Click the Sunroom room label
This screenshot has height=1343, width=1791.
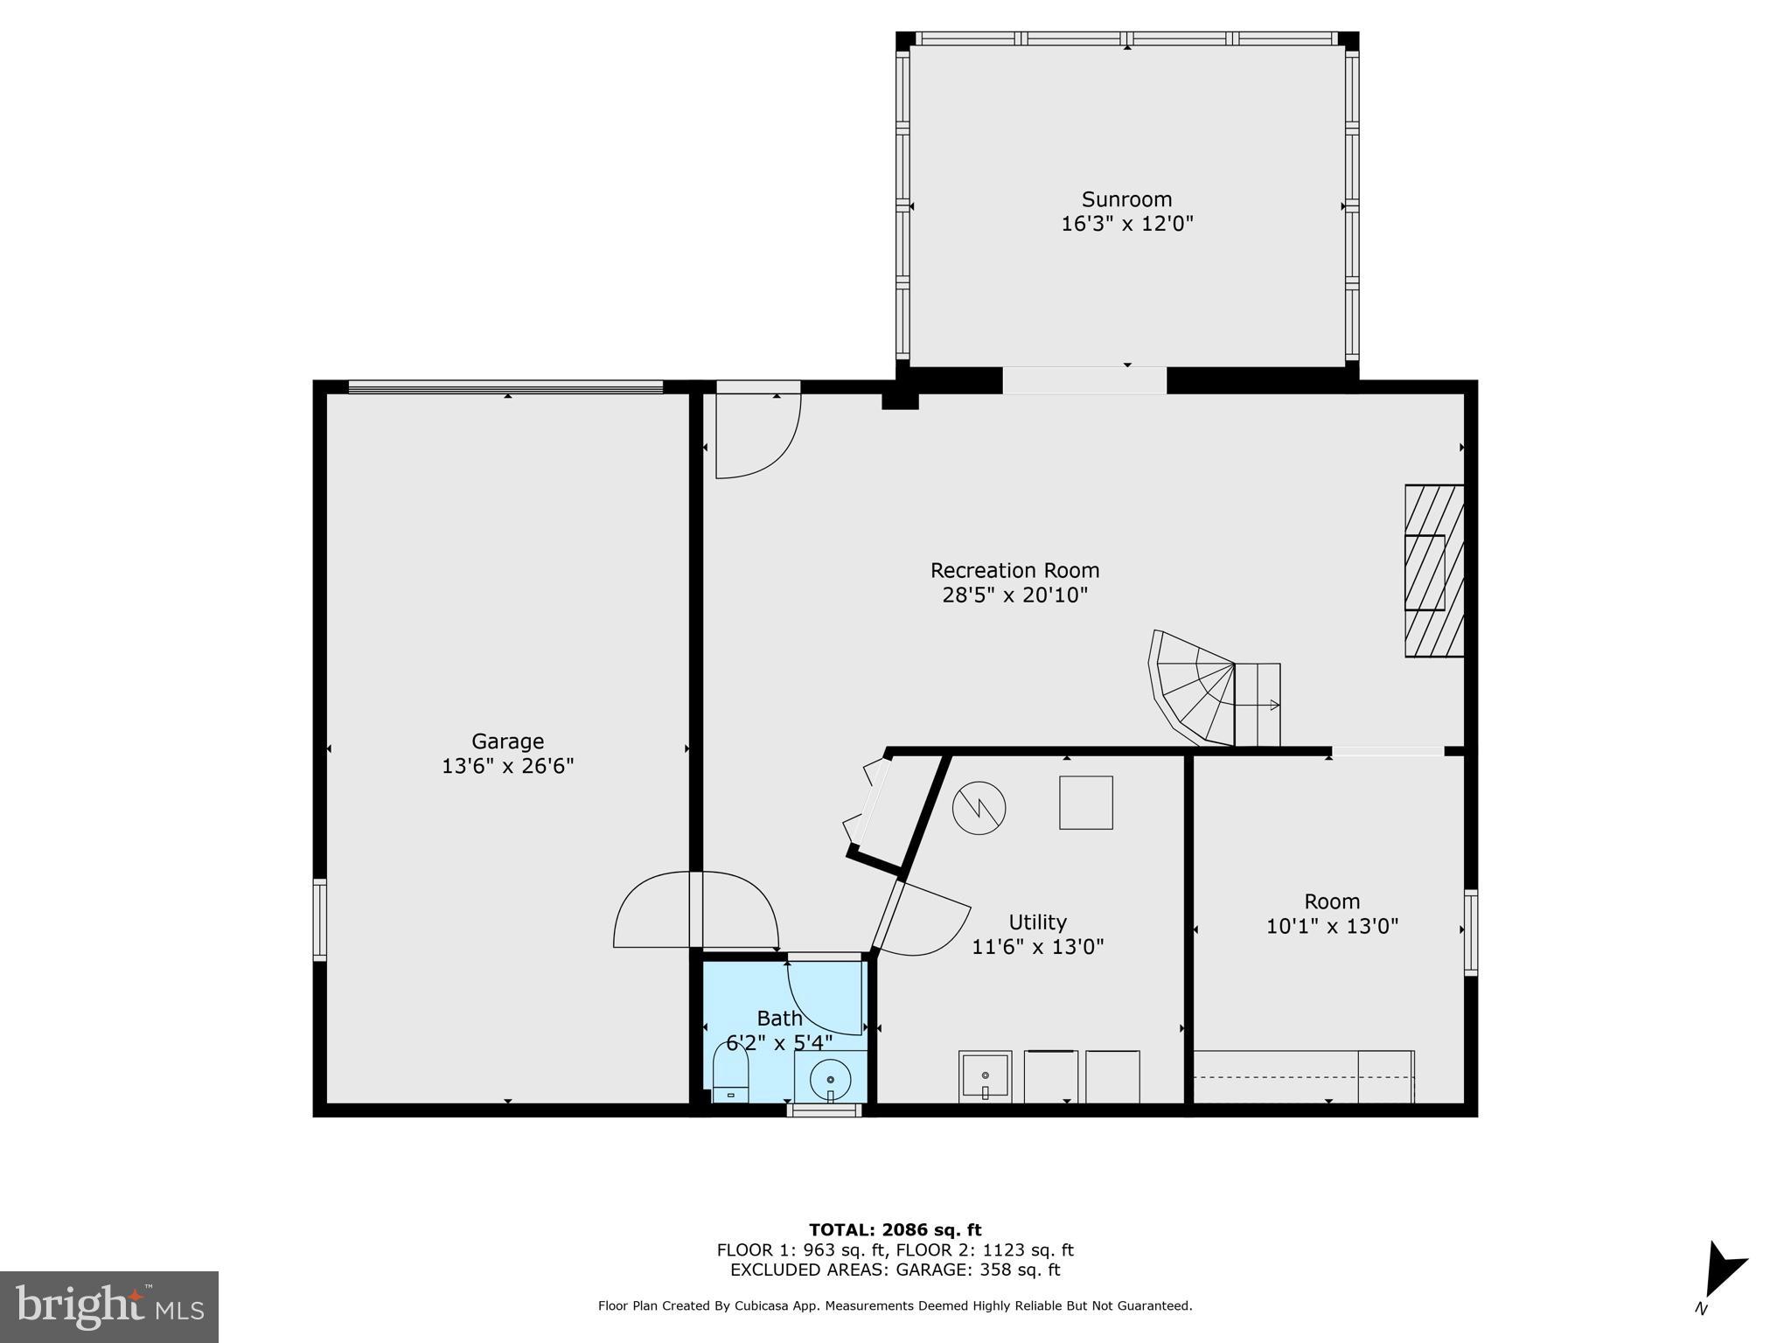point(1126,199)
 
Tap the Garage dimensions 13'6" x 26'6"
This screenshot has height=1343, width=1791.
point(507,766)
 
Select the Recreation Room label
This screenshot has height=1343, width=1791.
point(1014,570)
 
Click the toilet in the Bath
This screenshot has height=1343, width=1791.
point(731,1077)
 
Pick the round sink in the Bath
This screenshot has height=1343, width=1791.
point(830,1079)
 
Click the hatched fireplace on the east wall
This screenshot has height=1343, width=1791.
point(1433,571)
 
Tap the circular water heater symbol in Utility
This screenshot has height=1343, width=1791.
point(979,807)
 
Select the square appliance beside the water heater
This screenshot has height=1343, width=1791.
point(1085,803)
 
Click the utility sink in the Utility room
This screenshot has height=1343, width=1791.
point(985,1076)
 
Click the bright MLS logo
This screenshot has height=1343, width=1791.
point(108,1306)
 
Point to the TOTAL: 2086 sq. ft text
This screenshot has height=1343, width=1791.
point(895,1230)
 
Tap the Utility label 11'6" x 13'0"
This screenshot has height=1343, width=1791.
point(1038,946)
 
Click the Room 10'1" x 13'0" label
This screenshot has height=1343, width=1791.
point(1332,925)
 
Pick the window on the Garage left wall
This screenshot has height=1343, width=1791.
point(320,920)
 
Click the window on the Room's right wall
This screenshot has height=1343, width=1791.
point(1470,932)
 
